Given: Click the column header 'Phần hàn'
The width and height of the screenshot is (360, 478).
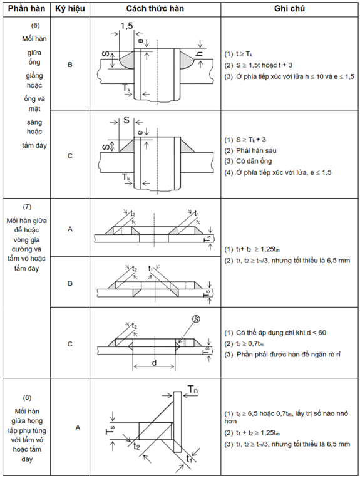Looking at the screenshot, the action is [x=26, y=9].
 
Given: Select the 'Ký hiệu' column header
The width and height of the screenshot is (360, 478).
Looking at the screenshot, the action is [x=70, y=9].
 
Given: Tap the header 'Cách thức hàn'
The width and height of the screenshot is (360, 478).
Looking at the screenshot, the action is [x=155, y=8].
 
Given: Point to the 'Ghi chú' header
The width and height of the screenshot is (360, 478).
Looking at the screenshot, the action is [x=289, y=8].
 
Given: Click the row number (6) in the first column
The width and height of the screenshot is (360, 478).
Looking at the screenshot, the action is [x=35, y=25].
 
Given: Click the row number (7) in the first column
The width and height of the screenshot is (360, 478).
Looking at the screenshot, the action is [x=27, y=207].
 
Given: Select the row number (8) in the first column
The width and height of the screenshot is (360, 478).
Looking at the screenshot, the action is [x=27, y=398].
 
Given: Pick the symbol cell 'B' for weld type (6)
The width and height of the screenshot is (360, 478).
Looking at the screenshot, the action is [x=70, y=65].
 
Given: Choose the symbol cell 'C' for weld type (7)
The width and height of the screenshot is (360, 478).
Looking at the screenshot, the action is [x=70, y=344].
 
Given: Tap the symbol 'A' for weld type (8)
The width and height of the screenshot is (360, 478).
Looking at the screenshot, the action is [x=78, y=428].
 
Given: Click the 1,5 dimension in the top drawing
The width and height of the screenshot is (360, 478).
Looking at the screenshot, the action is [x=126, y=26].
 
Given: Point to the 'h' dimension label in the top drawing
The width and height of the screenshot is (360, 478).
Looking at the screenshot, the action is [x=200, y=54].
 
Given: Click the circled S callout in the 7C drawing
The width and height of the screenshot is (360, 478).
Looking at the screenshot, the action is [x=196, y=319].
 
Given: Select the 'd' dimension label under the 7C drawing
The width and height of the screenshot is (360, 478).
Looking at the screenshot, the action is [x=154, y=363].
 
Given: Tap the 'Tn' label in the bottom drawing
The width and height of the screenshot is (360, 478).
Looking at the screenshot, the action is [x=193, y=390].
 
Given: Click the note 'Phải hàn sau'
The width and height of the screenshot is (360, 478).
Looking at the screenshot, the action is [x=256, y=150].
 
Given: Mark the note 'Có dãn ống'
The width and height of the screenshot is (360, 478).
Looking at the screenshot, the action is [x=254, y=161].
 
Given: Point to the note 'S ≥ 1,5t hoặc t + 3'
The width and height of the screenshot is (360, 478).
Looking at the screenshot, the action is [x=264, y=65].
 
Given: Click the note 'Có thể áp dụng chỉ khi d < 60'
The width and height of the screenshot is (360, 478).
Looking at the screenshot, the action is [x=281, y=333].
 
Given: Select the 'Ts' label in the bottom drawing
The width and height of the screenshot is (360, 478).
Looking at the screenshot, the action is [x=111, y=430].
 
